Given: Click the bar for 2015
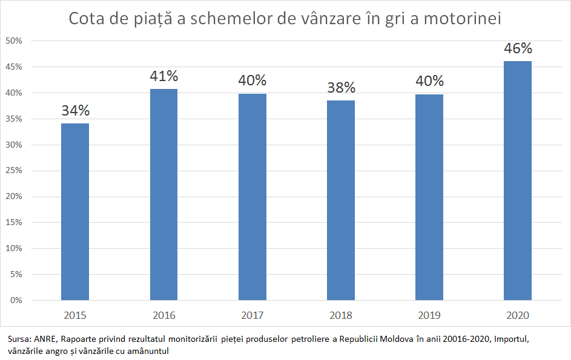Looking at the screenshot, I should click(x=75, y=212).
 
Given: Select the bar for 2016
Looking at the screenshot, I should click(x=163, y=194).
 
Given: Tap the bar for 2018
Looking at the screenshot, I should click(x=341, y=200).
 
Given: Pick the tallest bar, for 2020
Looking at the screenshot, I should click(x=518, y=180).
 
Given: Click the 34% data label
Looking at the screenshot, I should click(x=75, y=111).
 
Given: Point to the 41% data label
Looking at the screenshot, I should click(x=163, y=76).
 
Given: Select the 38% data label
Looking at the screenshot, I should click(x=341, y=88).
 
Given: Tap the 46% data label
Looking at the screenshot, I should click(x=518, y=48).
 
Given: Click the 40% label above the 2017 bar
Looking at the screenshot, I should click(x=252, y=80).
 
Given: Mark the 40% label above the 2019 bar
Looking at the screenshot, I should click(x=429, y=81).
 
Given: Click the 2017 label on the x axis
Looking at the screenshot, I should click(x=252, y=315).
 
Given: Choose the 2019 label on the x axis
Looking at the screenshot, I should click(x=429, y=315).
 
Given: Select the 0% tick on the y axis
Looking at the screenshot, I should click(x=16, y=300).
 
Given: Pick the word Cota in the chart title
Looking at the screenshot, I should click(x=88, y=19).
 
